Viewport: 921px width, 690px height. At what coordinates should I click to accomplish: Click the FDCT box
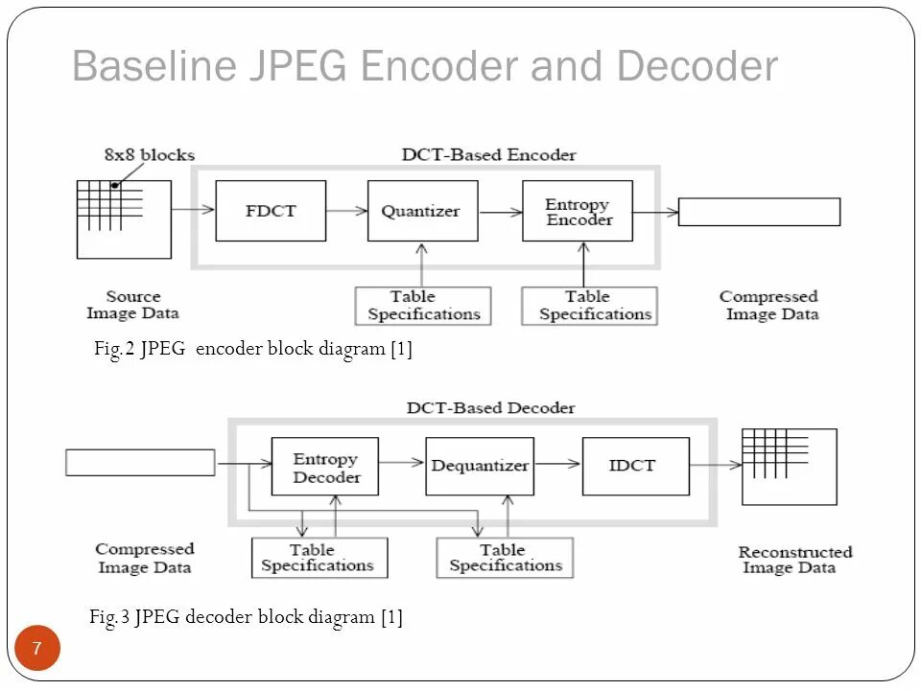tap(271, 211)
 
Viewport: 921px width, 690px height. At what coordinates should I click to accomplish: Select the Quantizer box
tap(423, 211)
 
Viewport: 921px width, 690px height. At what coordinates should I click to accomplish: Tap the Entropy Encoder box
tap(578, 211)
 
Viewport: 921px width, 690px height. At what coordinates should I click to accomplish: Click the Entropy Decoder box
tap(325, 467)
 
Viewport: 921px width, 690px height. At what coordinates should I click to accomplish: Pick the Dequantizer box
tap(480, 467)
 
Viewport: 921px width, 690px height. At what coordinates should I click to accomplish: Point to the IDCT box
tap(636, 467)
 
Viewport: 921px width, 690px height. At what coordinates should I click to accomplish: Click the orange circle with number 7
tap(37, 648)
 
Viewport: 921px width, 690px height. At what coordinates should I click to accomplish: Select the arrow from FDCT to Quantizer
tap(346, 210)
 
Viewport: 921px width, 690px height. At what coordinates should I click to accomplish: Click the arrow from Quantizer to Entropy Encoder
tap(501, 212)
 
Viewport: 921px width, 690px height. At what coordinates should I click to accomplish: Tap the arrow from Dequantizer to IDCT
tap(558, 464)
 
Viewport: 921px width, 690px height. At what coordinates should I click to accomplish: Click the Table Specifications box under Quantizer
tap(423, 306)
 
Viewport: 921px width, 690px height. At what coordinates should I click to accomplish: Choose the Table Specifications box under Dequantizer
tap(505, 558)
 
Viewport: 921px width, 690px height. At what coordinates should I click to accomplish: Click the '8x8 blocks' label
tap(150, 155)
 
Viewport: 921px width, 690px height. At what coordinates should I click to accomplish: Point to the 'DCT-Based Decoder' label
tap(490, 408)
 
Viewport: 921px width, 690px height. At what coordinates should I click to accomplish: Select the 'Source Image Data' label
tap(132, 305)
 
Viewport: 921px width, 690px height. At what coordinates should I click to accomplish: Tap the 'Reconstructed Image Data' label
tap(794, 560)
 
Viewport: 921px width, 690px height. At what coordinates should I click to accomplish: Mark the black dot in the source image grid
tap(115, 185)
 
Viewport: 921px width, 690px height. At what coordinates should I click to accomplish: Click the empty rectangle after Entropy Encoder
tap(760, 212)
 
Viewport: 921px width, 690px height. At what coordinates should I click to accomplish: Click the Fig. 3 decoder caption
tap(247, 617)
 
